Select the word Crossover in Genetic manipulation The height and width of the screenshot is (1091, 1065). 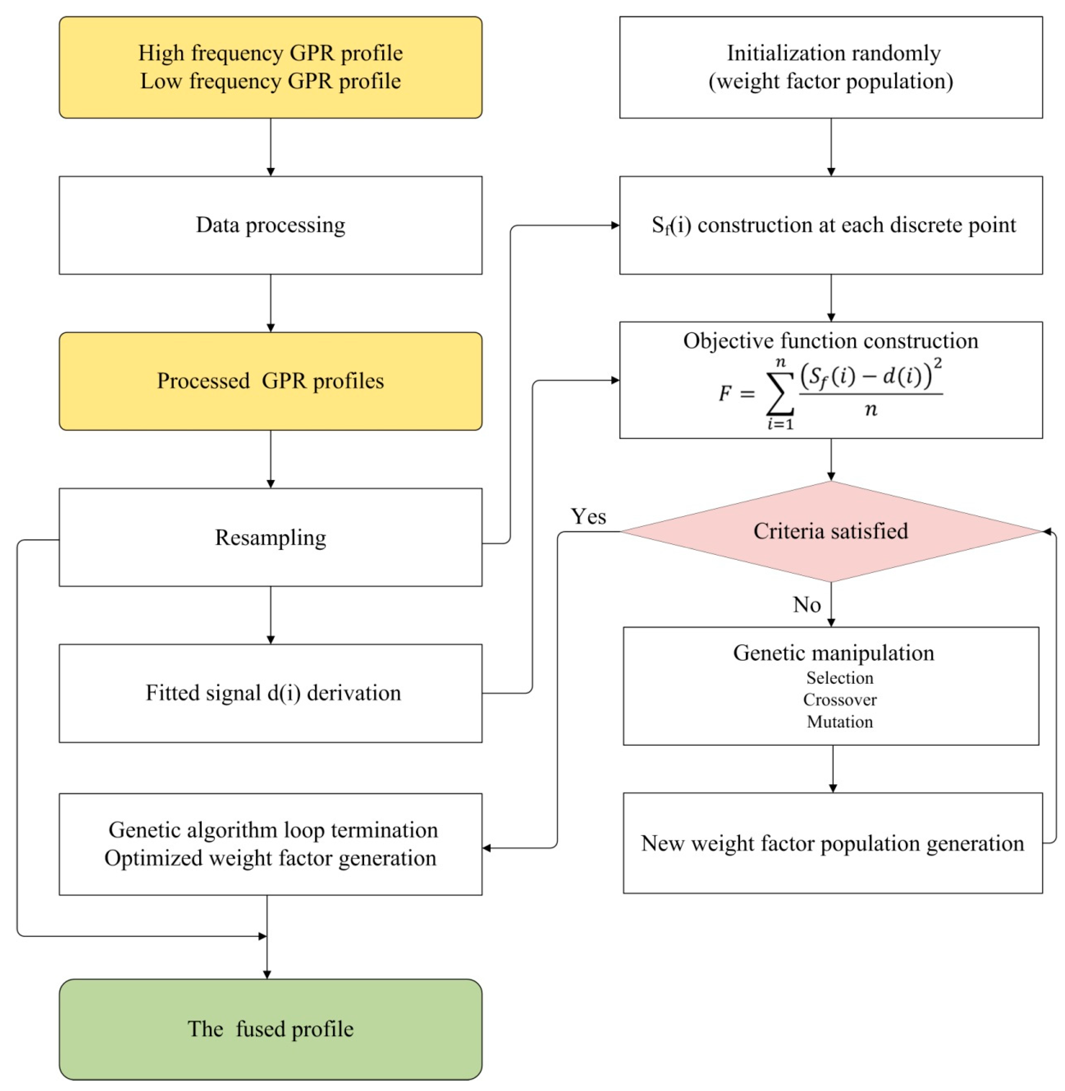click(840, 700)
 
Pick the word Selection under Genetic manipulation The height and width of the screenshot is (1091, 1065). click(840, 678)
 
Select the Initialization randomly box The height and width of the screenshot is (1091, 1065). click(831, 67)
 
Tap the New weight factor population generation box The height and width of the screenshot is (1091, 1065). click(832, 843)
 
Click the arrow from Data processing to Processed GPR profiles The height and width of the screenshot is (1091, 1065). click(271, 303)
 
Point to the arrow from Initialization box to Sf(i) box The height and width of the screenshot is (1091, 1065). click(831, 147)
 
